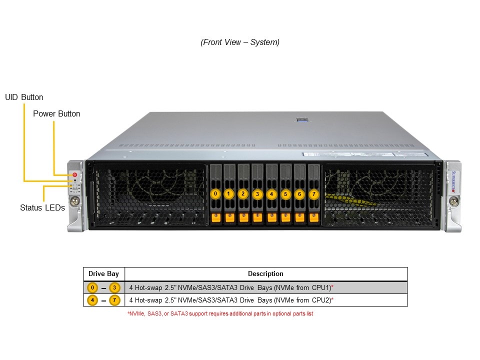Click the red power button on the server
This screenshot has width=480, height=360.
(74, 175)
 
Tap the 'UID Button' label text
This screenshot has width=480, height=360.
(24, 97)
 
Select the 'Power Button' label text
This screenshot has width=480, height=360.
(56, 113)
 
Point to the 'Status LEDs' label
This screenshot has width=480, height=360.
(42, 207)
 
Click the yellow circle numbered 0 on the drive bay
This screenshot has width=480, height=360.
(215, 193)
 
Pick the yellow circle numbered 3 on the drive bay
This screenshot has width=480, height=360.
(257, 193)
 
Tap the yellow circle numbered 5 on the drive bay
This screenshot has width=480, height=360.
(285, 193)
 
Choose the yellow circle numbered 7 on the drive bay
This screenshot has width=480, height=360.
(313, 193)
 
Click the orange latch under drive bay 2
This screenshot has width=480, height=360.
(243, 217)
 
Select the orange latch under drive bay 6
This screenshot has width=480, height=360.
(299, 217)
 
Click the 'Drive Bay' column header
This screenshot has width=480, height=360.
(104, 274)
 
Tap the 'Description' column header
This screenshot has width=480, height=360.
(265, 274)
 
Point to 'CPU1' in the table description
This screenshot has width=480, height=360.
(320, 287)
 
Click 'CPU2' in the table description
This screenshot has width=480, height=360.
(320, 300)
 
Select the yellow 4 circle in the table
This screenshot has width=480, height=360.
(92, 300)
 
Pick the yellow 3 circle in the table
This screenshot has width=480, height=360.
(115, 287)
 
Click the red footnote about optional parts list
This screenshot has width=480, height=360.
(220, 313)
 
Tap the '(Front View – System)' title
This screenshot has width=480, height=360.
(240, 42)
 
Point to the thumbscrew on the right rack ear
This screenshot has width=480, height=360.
(453, 201)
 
